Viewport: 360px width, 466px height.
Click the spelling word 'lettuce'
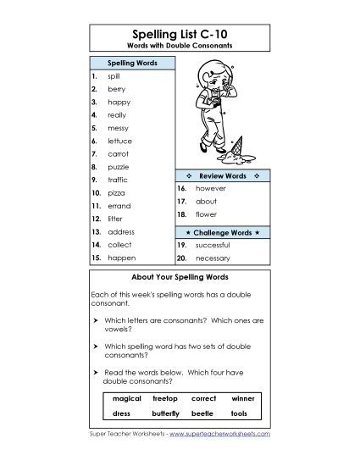[x=119, y=141]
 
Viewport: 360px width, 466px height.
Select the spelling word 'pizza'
[x=116, y=193]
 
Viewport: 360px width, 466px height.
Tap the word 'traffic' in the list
[x=118, y=180]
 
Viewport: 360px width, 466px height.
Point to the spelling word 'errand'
[x=119, y=206]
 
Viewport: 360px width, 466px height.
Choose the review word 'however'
[x=210, y=187]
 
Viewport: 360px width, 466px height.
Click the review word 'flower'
[x=207, y=216]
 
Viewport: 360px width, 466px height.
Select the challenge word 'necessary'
[x=213, y=257]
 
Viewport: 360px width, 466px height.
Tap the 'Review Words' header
[x=222, y=175]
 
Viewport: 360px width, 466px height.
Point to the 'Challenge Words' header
[x=222, y=231]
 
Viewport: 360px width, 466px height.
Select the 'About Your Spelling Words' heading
[x=180, y=277]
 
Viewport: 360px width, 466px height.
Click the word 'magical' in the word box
[x=126, y=398]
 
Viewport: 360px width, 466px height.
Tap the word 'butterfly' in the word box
[x=166, y=413]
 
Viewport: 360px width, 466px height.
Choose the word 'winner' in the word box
[x=242, y=398]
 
